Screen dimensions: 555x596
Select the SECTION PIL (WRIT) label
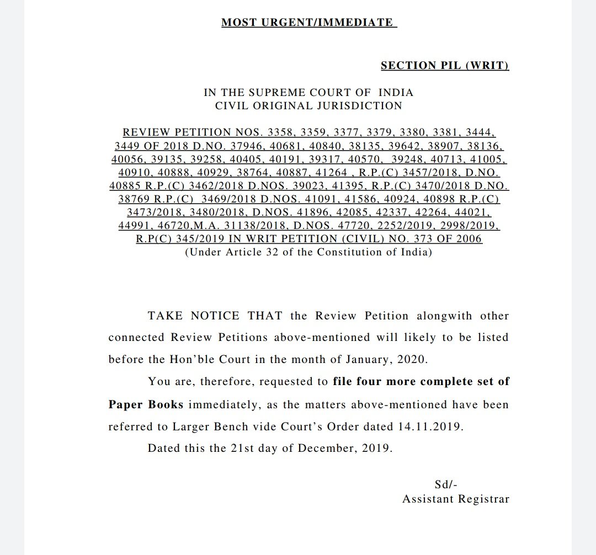pos(444,66)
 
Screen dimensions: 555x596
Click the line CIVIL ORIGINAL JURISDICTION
pos(308,105)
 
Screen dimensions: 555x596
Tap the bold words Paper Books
pos(146,404)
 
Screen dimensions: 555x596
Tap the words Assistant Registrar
pos(455,499)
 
